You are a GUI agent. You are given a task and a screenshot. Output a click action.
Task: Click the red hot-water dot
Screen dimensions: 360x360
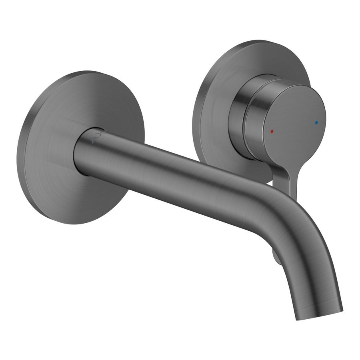pos(272,131)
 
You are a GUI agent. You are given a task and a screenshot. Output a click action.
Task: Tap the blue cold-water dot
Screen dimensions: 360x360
pos(317,122)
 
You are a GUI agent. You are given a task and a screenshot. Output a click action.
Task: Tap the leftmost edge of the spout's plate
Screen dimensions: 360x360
pos(18,152)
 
